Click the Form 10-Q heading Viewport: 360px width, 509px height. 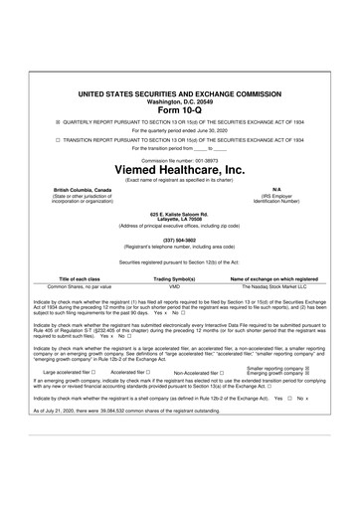click(x=179, y=109)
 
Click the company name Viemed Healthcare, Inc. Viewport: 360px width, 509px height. click(x=179, y=171)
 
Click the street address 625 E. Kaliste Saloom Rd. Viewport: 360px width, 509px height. click(x=179, y=213)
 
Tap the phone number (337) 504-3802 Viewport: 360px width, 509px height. click(x=179, y=239)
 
